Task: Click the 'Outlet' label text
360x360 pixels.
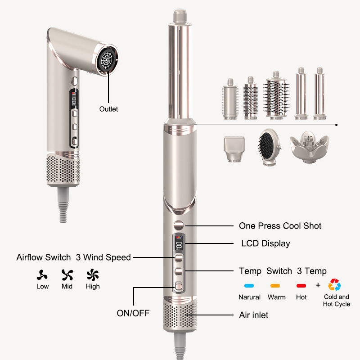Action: click(108, 109)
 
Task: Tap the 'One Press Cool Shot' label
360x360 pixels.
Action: click(280, 225)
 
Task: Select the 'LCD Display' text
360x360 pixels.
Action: click(265, 243)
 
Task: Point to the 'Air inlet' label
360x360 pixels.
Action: click(253, 315)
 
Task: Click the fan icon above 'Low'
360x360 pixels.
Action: click(42, 274)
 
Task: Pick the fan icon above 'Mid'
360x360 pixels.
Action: click(67, 274)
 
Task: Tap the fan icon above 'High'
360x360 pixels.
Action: click(93, 274)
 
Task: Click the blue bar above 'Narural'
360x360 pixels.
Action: click(249, 285)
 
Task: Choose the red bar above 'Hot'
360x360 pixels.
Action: click(301, 285)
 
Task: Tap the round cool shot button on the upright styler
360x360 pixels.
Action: click(179, 225)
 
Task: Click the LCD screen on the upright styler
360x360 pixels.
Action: click(179, 245)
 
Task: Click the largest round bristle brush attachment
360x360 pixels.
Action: click(276, 95)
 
